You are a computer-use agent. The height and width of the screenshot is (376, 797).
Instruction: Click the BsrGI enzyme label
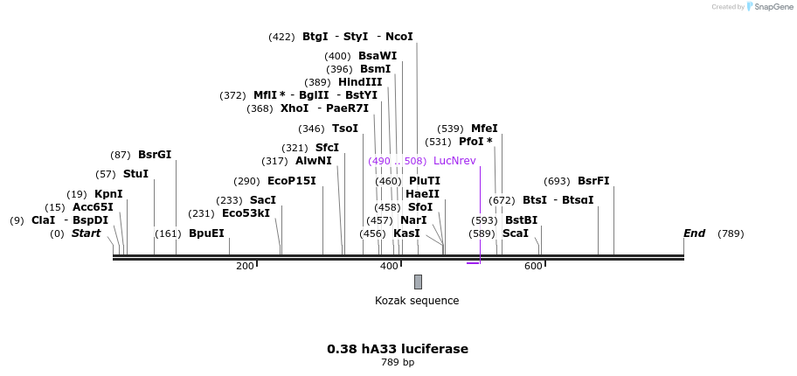click(155, 155)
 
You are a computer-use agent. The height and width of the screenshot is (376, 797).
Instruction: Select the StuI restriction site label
click(135, 174)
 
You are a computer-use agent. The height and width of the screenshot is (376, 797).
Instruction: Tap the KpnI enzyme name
click(108, 194)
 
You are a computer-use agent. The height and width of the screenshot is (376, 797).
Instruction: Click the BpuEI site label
click(206, 233)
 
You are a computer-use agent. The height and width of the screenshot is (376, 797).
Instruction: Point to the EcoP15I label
click(292, 181)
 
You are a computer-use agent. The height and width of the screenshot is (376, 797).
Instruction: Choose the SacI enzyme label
click(263, 200)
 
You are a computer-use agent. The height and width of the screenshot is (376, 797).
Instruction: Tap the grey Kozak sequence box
click(418, 282)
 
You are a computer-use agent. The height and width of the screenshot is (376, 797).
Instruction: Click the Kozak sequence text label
click(417, 301)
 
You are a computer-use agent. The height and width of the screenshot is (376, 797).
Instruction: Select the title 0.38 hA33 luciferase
click(398, 349)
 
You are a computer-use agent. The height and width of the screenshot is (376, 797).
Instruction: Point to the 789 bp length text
click(398, 362)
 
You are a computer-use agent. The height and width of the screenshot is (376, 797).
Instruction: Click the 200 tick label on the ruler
click(245, 266)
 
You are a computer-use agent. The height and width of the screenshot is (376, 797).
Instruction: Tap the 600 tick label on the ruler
click(533, 266)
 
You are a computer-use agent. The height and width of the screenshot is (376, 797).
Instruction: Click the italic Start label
click(87, 233)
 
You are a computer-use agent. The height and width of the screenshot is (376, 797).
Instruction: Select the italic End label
click(695, 233)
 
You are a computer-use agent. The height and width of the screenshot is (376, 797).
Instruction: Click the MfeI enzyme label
click(484, 129)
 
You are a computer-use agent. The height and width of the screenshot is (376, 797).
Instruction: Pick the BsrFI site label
click(593, 181)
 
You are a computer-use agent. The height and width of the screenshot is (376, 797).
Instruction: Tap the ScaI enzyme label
click(515, 233)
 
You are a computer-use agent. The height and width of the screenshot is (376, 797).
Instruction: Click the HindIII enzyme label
click(360, 82)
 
